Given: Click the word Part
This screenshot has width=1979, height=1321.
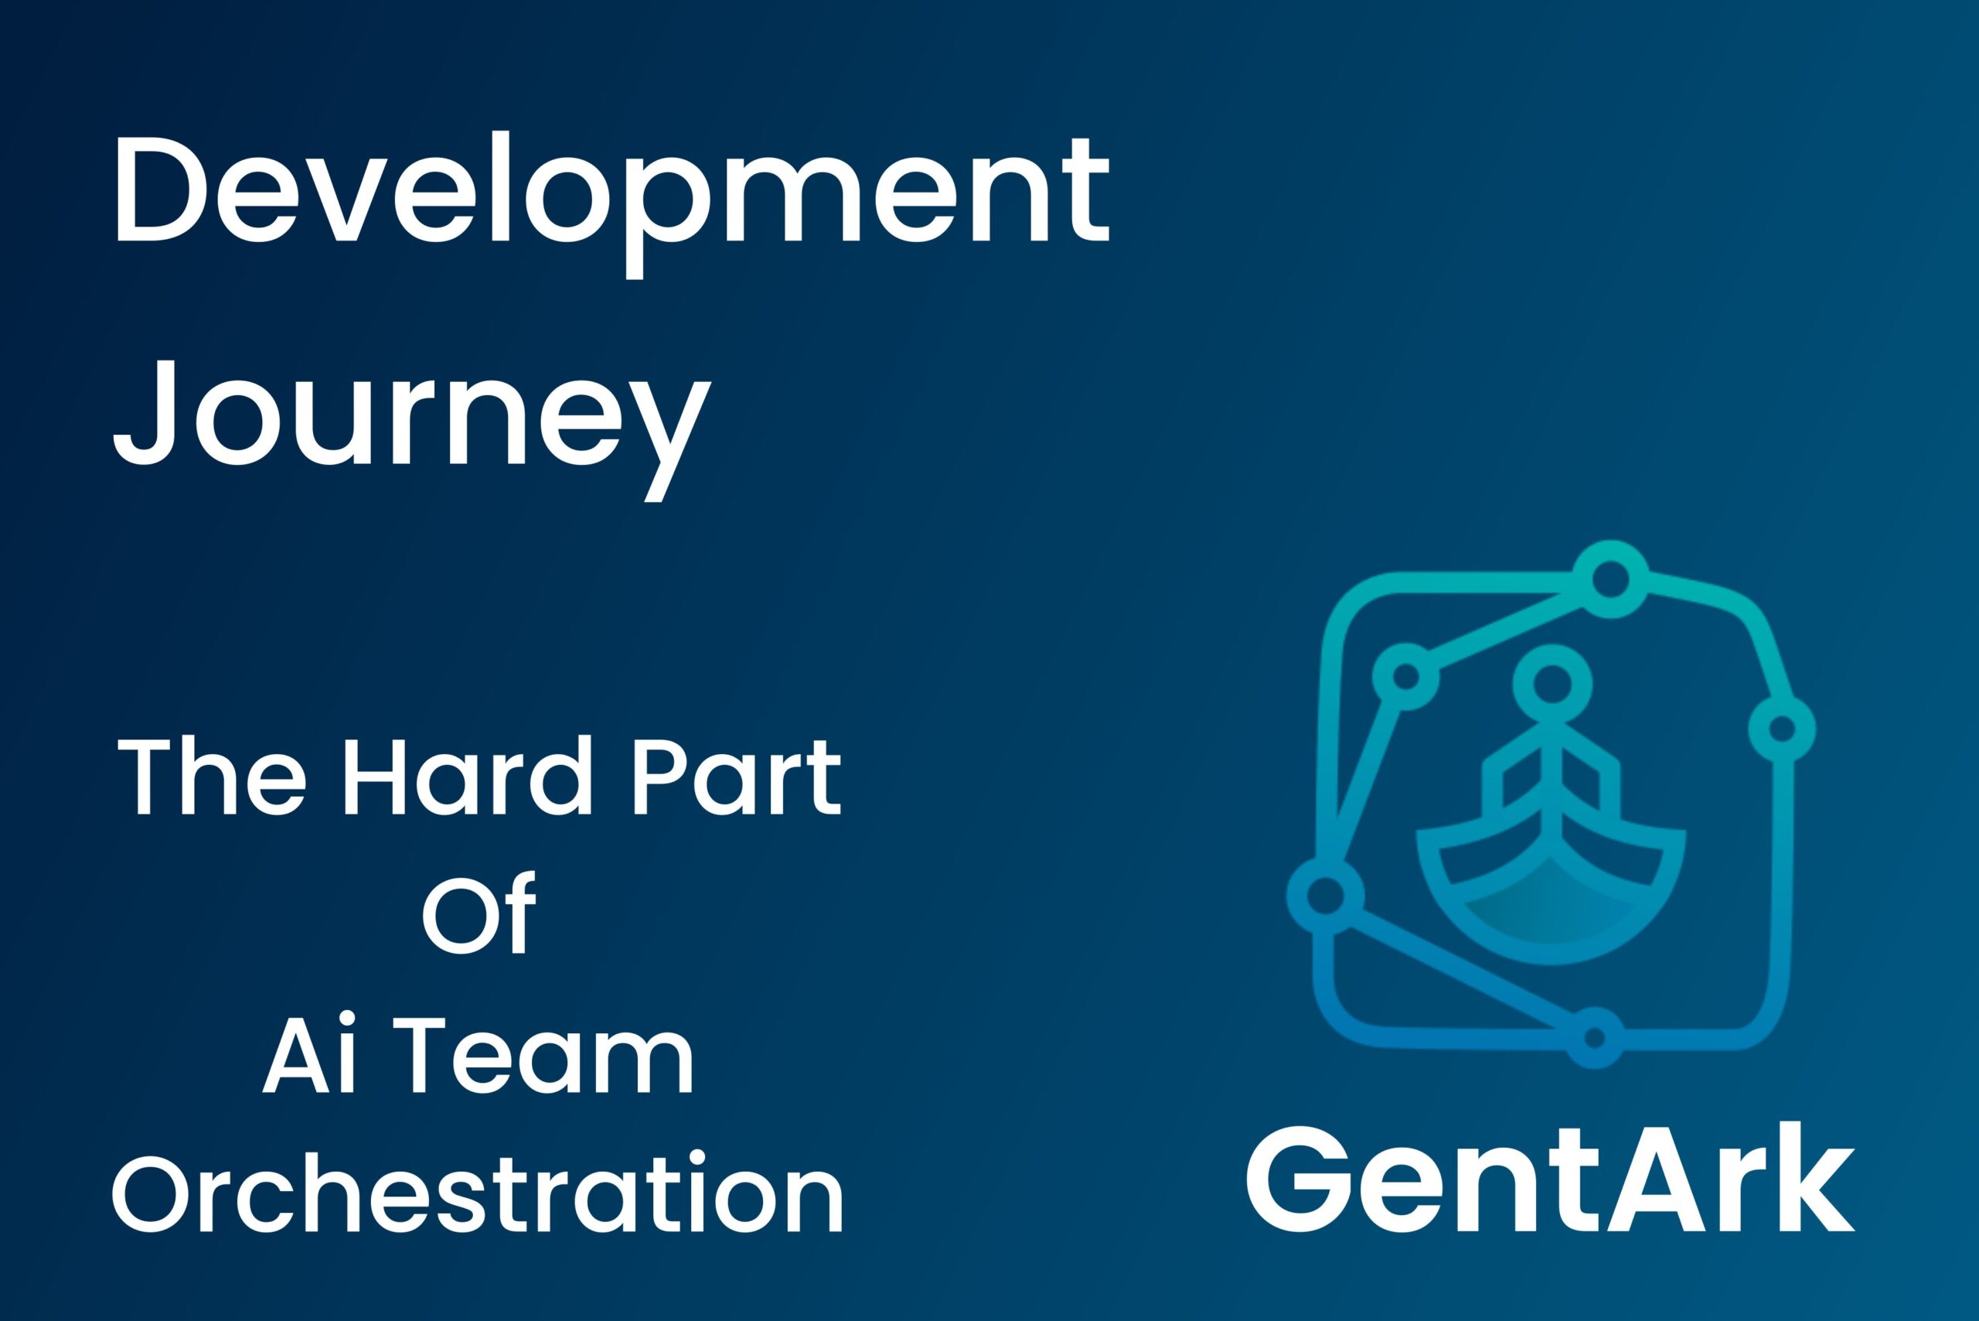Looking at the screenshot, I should pos(737,776).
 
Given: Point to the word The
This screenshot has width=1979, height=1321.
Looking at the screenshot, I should pos(211,776).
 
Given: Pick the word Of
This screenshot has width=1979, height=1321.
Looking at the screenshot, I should pos(479,913).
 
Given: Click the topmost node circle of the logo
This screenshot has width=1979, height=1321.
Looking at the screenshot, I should pos(1609,579).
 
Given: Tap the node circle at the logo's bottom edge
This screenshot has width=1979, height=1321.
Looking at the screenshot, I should pos(1593,1038).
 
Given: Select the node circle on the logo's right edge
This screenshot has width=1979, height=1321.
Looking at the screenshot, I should pos(1782,729).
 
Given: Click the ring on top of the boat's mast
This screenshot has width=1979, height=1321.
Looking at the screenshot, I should pos(1552,683).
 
